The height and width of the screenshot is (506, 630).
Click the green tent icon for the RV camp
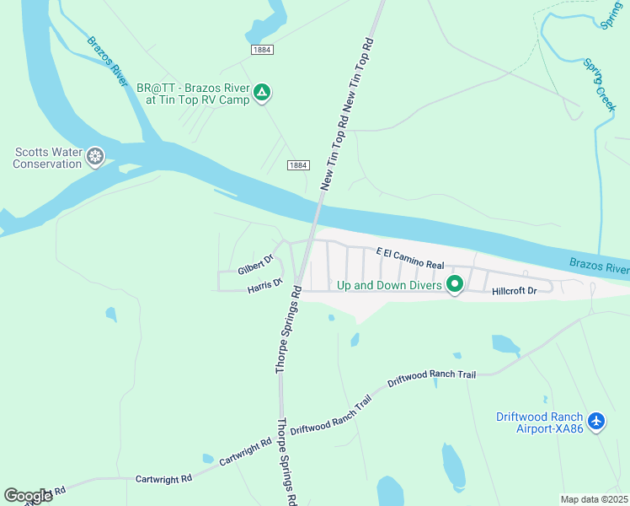(262, 92)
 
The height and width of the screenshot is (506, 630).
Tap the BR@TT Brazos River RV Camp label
(198, 93)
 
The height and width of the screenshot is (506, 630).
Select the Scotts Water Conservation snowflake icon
(96, 156)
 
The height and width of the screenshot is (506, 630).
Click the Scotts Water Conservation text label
(47, 158)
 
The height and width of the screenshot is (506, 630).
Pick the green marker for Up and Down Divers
(455, 285)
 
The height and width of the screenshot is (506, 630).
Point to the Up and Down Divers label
(389, 285)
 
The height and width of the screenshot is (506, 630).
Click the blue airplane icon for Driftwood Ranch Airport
(597, 421)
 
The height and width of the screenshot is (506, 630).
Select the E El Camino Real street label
(410, 258)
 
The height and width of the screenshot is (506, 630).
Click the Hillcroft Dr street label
(515, 291)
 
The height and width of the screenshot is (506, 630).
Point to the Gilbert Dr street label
(256, 265)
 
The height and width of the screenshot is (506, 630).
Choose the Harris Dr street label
(264, 287)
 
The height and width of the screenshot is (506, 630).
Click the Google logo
(28, 496)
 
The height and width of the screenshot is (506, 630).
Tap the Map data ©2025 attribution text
(594, 499)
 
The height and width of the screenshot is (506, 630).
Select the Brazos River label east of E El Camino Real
(599, 266)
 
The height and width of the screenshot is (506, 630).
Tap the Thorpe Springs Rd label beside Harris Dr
(287, 330)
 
